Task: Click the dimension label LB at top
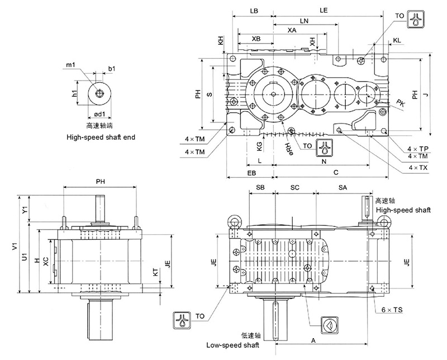pyautogui.click(x=254, y=11)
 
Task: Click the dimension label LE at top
pyautogui.click(x=324, y=11)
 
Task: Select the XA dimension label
pyautogui.click(x=291, y=30)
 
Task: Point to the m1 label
pyautogui.click(x=70, y=65)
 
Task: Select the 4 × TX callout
pyautogui.click(x=418, y=168)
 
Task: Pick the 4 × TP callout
pyautogui.click(x=418, y=149)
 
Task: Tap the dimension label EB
pyautogui.click(x=250, y=173)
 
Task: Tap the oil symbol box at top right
pyautogui.click(x=414, y=18)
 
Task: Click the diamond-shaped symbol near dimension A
pyautogui.click(x=329, y=325)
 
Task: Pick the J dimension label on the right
pyautogui.click(x=426, y=96)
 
